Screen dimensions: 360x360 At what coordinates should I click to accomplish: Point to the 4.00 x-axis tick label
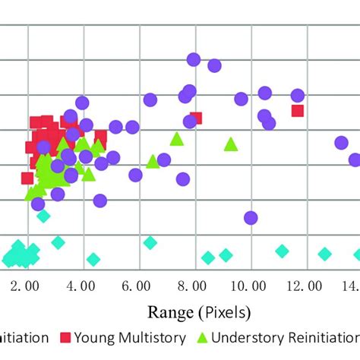pyautogui.click(x=81, y=286)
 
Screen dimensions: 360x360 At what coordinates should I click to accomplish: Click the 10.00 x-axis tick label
pyautogui.click(x=245, y=286)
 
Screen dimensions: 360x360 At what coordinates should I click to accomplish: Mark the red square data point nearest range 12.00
pyautogui.click(x=298, y=111)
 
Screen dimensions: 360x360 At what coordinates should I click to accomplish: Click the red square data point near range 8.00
pyautogui.click(x=196, y=118)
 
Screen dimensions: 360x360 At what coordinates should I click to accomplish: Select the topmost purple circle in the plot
pyautogui.click(x=194, y=59)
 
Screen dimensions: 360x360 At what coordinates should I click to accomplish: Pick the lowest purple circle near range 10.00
pyautogui.click(x=251, y=218)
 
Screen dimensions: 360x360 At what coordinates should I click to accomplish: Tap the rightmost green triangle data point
pyautogui.click(x=231, y=144)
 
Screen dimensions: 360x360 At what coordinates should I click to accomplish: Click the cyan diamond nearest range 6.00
pyautogui.click(x=150, y=243)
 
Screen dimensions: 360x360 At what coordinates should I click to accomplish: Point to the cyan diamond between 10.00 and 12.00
pyautogui.click(x=282, y=251)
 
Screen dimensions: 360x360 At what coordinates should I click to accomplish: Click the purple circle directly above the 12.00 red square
pyautogui.click(x=298, y=95)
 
